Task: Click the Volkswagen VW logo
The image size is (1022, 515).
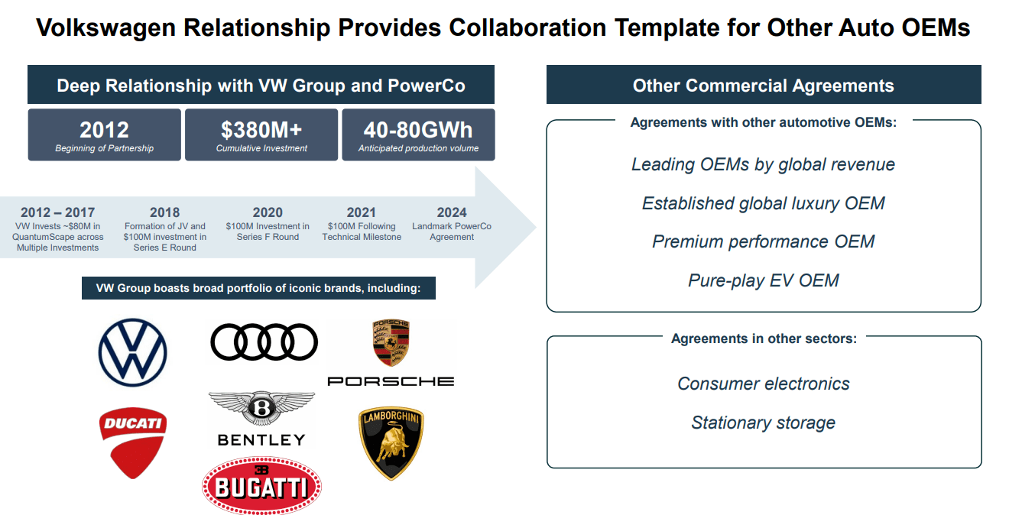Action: click(133, 352)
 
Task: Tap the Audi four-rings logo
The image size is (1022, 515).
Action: click(264, 342)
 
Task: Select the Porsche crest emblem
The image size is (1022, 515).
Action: click(391, 343)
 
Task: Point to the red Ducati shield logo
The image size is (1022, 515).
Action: click(133, 442)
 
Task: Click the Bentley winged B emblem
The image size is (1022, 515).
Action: click(261, 408)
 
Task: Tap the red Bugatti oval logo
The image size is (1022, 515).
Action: click(261, 486)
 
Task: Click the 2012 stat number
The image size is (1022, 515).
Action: click(104, 129)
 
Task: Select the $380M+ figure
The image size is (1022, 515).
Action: click(261, 129)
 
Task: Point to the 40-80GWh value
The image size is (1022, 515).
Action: click(418, 129)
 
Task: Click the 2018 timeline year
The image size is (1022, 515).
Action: click(165, 212)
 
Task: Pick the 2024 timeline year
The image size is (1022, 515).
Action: click(452, 212)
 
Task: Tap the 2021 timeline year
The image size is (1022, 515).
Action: click(362, 212)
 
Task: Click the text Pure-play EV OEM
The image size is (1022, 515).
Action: click(764, 280)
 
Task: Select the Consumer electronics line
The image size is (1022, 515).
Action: click(764, 384)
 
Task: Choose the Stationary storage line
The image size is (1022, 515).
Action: click(764, 423)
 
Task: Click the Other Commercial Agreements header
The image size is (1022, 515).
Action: click(764, 86)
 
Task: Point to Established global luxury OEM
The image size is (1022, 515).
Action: click(764, 203)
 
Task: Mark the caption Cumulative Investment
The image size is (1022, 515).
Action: click(261, 148)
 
